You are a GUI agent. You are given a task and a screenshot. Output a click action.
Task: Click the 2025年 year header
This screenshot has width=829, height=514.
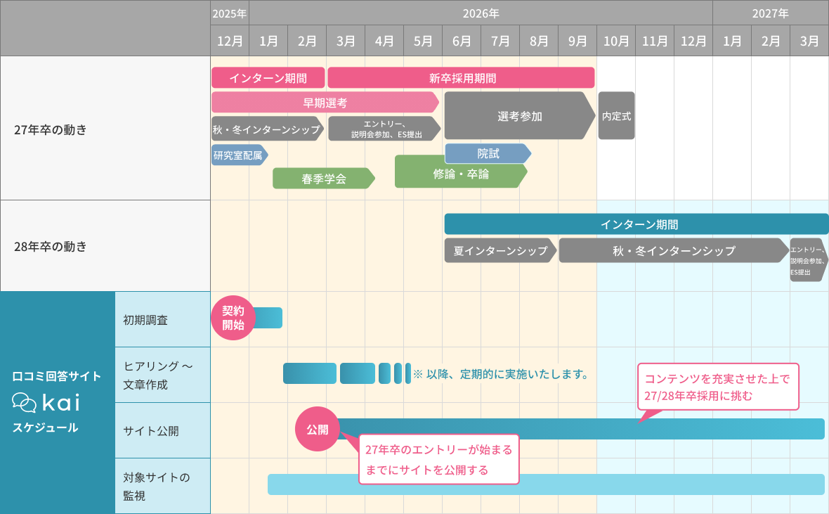(x=230, y=13)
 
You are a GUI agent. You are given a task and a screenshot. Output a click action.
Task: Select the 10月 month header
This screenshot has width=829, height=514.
(x=616, y=41)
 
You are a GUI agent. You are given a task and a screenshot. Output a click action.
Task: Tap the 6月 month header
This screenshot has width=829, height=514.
(x=462, y=41)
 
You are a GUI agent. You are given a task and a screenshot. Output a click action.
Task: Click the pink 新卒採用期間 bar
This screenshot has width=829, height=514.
(x=461, y=78)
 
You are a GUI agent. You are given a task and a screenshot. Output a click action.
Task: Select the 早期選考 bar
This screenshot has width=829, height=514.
(x=325, y=102)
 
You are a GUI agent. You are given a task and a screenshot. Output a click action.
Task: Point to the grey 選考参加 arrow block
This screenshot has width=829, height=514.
(x=519, y=116)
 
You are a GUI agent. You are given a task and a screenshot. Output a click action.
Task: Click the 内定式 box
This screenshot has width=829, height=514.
(x=616, y=116)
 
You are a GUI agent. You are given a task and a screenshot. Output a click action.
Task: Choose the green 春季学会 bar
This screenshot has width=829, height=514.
(x=323, y=179)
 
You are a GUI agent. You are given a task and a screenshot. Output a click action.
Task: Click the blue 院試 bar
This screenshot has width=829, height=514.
(x=488, y=153)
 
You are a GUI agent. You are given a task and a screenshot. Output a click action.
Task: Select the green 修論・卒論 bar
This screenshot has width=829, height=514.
(x=460, y=174)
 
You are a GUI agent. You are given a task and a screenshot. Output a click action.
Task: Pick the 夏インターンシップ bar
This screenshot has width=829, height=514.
(x=500, y=250)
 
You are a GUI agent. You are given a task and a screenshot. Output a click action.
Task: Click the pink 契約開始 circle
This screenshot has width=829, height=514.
(x=233, y=318)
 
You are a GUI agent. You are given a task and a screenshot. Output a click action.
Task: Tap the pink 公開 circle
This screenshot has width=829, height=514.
(x=317, y=429)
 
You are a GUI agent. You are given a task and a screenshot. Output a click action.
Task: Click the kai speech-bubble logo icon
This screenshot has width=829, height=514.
(x=25, y=403)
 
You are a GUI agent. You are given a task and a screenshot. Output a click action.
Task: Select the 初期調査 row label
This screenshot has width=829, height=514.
(x=145, y=320)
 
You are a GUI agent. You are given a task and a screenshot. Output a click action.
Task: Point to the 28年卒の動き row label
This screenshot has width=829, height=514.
(x=51, y=246)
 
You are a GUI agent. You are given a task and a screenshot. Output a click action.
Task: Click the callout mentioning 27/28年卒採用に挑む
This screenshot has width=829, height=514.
(x=717, y=387)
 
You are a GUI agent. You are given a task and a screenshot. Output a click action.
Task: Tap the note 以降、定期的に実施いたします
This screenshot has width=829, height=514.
(x=500, y=374)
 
